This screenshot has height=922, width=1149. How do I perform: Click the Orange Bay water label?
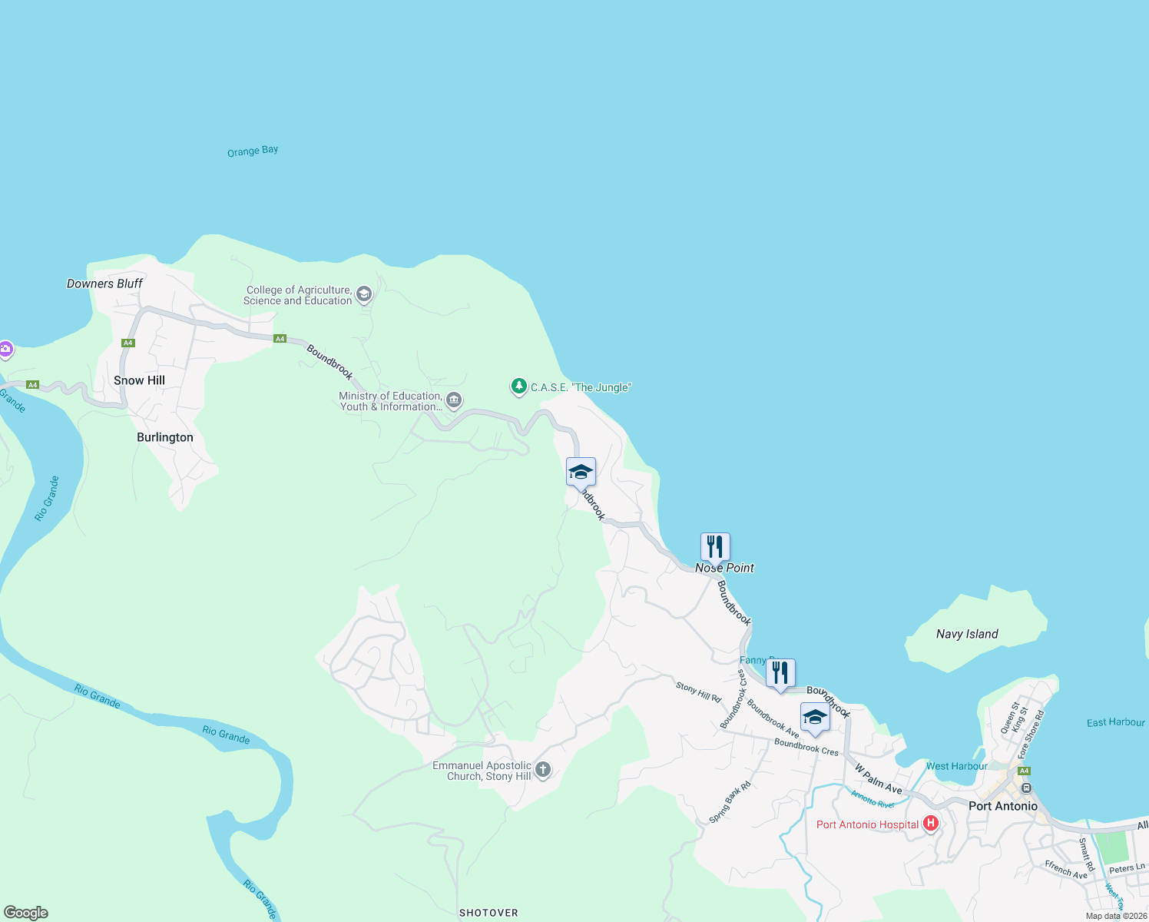pyautogui.click(x=253, y=151)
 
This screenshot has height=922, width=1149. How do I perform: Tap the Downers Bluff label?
pyautogui.click(x=104, y=284)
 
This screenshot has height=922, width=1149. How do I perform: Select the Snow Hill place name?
pyautogui.click(x=139, y=380)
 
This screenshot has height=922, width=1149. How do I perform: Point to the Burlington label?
pyautogui.click(x=165, y=437)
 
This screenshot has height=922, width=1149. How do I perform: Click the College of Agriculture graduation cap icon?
pyautogui.click(x=364, y=294)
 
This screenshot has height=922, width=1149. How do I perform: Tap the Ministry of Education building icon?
pyautogui.click(x=454, y=400)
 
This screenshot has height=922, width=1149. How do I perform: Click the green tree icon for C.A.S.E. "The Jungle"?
pyautogui.click(x=519, y=386)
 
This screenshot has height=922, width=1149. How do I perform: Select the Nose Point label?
pyautogui.click(x=724, y=568)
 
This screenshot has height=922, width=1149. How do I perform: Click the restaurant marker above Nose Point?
pyautogui.click(x=715, y=547)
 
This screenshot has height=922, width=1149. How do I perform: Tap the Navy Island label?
pyautogui.click(x=967, y=634)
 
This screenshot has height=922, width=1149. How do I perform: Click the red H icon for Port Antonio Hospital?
pyautogui.click(x=931, y=824)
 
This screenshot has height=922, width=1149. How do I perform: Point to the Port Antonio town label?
pyautogui.click(x=1003, y=806)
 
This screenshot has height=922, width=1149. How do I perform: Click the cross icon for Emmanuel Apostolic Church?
pyautogui.click(x=543, y=769)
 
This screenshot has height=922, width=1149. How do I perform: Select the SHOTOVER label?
pyautogui.click(x=488, y=913)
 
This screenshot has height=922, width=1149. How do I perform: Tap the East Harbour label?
pyautogui.click(x=1115, y=722)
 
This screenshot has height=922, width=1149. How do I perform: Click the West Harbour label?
pyautogui.click(x=956, y=766)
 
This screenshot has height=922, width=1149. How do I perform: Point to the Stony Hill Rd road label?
pyautogui.click(x=699, y=692)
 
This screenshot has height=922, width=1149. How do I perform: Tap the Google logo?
pyautogui.click(x=26, y=913)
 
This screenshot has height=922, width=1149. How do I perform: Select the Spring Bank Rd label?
pyautogui.click(x=730, y=803)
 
